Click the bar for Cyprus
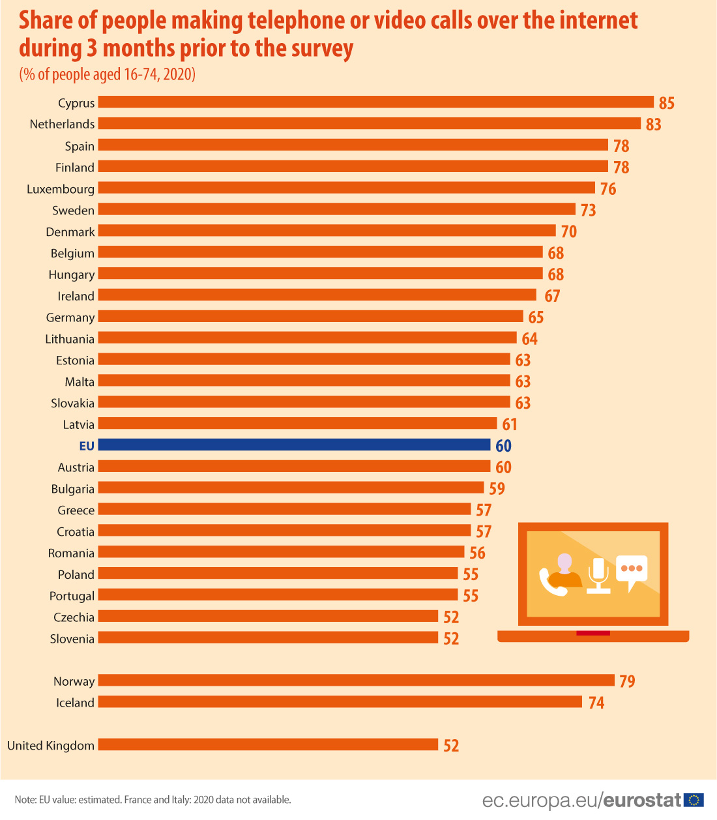pyautogui.click(x=375, y=102)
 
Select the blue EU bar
pyautogui.click(x=294, y=445)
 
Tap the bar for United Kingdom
pyautogui.click(x=268, y=744)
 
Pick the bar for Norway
pyautogui.click(x=356, y=681)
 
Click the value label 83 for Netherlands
pyautogui.click(x=653, y=124)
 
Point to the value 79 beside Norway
pyautogui.click(x=627, y=681)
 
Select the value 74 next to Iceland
pyautogui.click(x=596, y=703)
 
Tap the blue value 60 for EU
pyautogui.click(x=503, y=446)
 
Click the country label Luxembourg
pyautogui.click(x=61, y=189)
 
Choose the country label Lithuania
pyautogui.click(x=70, y=339)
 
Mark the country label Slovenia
pyautogui.click(x=72, y=639)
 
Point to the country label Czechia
pyautogui.click(x=74, y=617)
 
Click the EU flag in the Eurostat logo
pyautogui.click(x=694, y=800)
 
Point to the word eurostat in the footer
pyautogui.click(x=642, y=800)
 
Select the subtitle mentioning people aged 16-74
pyautogui.click(x=108, y=74)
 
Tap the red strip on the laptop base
pyautogui.click(x=593, y=633)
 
